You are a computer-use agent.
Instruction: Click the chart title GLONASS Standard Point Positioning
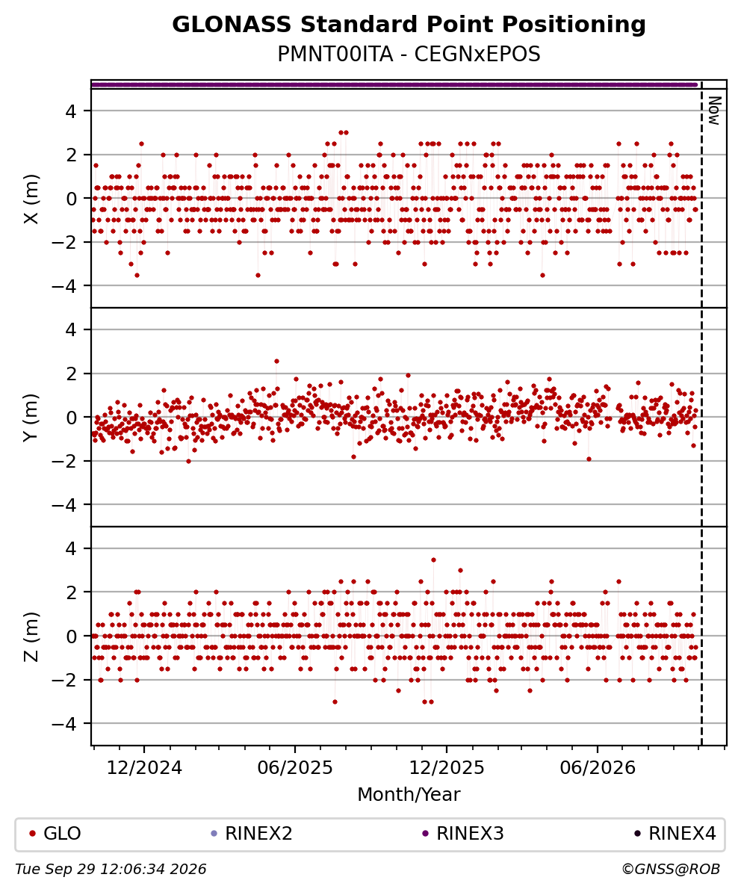[409, 25]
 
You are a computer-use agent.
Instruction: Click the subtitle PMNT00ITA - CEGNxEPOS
[409, 54]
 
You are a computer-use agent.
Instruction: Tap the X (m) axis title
[31, 199]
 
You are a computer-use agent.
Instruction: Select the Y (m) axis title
[31, 417]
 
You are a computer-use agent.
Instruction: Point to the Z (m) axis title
[31, 636]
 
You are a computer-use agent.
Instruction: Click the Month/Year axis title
[409, 794]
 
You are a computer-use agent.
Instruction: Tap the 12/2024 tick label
[144, 768]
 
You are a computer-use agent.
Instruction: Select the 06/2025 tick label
[295, 768]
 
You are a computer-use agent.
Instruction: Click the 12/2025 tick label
[447, 768]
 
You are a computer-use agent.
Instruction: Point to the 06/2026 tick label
[598, 768]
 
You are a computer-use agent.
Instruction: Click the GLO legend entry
[55, 834]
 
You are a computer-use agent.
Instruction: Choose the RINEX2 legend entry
[252, 834]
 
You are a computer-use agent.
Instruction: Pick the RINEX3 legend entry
[463, 834]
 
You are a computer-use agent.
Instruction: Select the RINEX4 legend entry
[675, 834]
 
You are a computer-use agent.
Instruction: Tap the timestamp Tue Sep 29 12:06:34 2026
[111, 870]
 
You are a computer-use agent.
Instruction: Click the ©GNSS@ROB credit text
[671, 870]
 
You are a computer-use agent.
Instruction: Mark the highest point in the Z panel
[433, 560]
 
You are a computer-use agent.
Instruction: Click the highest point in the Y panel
[277, 361]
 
